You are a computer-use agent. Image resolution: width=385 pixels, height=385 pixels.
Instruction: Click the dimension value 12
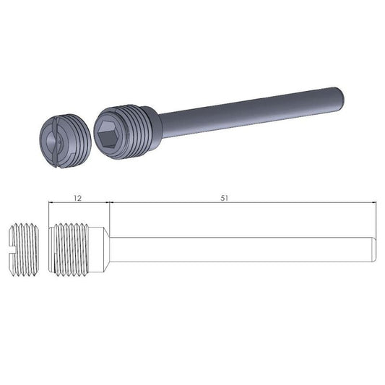coord(78,196)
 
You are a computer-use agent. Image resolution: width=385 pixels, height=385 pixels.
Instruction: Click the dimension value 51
coord(225,196)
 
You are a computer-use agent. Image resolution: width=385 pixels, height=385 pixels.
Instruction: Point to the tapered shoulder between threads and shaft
coord(106,247)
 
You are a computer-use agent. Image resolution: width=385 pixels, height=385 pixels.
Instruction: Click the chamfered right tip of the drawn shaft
coord(374,247)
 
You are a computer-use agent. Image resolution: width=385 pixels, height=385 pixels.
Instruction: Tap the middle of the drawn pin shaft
coord(242,247)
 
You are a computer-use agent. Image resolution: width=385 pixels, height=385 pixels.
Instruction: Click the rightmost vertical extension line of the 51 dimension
coord(378,217)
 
